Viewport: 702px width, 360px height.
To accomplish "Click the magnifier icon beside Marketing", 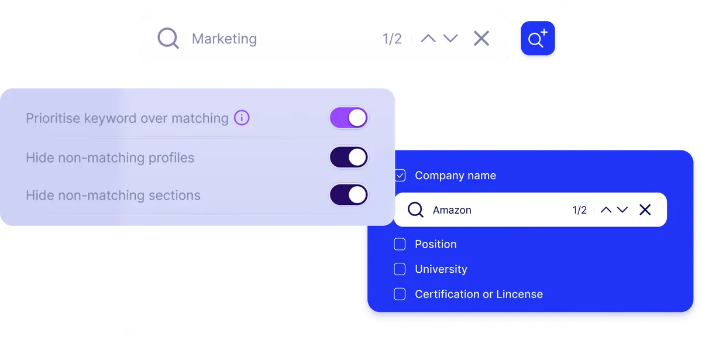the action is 168,38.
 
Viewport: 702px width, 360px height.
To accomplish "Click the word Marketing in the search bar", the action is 225,39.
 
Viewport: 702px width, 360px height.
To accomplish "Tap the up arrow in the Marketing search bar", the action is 428,38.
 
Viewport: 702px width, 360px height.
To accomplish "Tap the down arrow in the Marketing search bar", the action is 450,38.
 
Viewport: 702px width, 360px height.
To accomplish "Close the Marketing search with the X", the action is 481,38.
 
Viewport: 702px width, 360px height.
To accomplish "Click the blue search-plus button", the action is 538,38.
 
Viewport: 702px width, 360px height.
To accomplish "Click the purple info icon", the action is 242,118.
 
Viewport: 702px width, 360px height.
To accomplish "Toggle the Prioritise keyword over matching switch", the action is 349,118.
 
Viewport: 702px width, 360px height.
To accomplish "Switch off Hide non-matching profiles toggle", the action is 349,157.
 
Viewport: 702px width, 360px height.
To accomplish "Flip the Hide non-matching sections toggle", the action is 349,195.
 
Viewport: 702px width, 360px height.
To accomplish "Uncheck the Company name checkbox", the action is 400,175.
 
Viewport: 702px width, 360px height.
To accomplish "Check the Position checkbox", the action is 400,244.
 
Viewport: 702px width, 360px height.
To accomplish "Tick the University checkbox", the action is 400,269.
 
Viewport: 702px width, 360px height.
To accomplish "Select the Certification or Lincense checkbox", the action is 400,294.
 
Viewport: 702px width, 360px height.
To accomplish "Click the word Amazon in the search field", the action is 452,210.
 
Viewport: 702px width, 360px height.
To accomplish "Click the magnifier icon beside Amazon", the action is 415,210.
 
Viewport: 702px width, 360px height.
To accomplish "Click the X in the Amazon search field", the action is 645,210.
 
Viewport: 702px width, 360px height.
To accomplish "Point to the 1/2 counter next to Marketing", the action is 392,39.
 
